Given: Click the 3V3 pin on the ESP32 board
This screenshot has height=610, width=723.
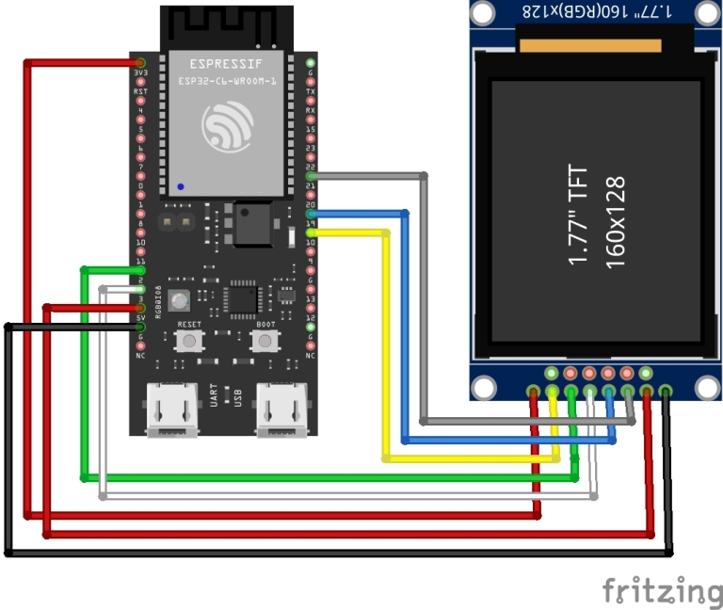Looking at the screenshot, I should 140,63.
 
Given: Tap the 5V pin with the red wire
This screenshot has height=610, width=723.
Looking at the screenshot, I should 140,308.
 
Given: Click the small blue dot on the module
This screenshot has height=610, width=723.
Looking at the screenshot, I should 180,185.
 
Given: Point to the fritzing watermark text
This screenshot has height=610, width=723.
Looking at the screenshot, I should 662,590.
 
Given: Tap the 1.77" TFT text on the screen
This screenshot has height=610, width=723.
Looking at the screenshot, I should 580,216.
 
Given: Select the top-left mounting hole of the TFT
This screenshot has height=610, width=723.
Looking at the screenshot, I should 483,12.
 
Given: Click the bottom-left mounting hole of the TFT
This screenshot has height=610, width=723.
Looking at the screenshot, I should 483,386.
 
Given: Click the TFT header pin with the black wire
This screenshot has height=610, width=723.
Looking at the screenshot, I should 666,391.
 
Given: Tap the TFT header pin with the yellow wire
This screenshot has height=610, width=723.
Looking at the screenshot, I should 553,391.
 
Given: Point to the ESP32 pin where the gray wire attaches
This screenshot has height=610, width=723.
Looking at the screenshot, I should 312,175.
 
